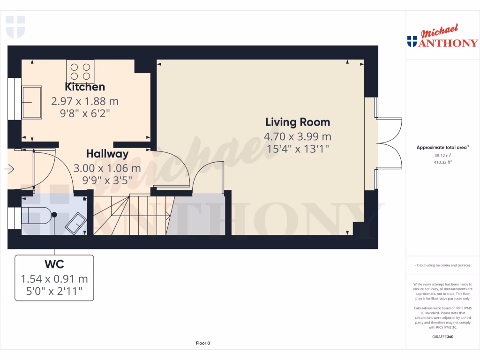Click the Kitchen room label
coord(84,87)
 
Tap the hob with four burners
coord(80,71)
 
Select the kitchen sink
coord(32,102)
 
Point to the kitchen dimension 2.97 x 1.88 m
coord(84,101)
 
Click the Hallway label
coord(107,154)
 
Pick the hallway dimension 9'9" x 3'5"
coord(107,180)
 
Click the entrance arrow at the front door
coord(10,169)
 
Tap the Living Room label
coord(298,122)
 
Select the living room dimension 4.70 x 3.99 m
coord(298,137)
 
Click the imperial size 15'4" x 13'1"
coord(298,149)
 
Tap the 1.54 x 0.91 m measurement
coord(54,279)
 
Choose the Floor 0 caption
coord(203,343)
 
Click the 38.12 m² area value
coord(442,155)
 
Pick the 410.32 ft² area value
coord(442,162)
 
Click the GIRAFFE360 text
coord(442,337)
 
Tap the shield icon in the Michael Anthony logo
coord(412,42)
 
